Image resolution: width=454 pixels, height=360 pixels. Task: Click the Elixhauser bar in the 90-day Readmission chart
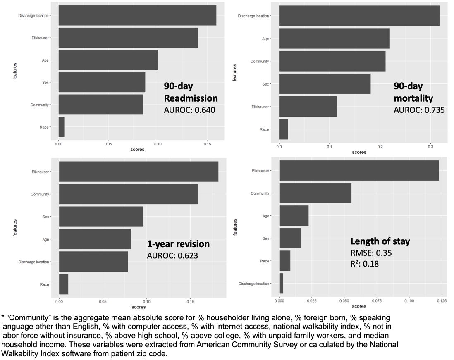pos(128,38)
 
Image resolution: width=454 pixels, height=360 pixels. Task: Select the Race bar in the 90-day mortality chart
pos(284,129)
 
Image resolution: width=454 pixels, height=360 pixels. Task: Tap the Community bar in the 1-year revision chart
pos(129,194)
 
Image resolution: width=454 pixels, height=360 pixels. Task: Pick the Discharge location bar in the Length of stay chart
pos(281,284)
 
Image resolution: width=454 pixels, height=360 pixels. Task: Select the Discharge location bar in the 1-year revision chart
pos(93,262)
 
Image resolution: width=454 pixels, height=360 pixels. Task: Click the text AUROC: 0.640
pos(190,110)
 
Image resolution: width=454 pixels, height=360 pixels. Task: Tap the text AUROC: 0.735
pos(419,110)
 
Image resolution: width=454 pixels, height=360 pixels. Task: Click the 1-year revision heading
pos(178,244)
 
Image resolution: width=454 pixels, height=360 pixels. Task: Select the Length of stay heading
pos(380,241)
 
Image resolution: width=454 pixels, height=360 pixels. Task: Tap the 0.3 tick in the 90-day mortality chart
pos(430,147)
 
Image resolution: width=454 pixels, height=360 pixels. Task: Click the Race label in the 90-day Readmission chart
pos(44,127)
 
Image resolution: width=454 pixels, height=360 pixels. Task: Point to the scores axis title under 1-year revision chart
pos(139,307)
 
